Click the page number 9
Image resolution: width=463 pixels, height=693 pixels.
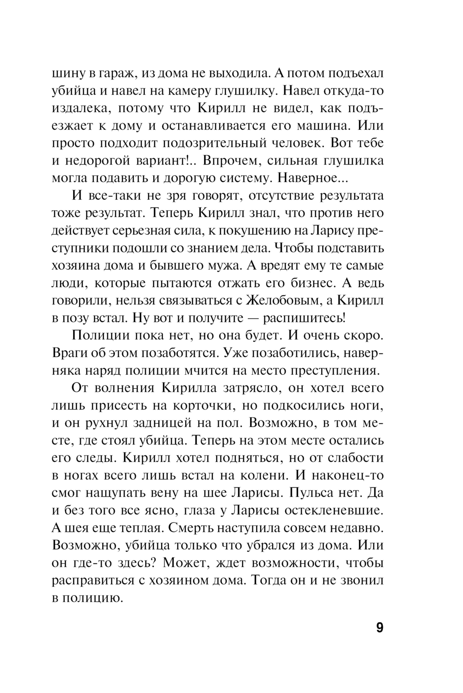click(379, 628)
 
